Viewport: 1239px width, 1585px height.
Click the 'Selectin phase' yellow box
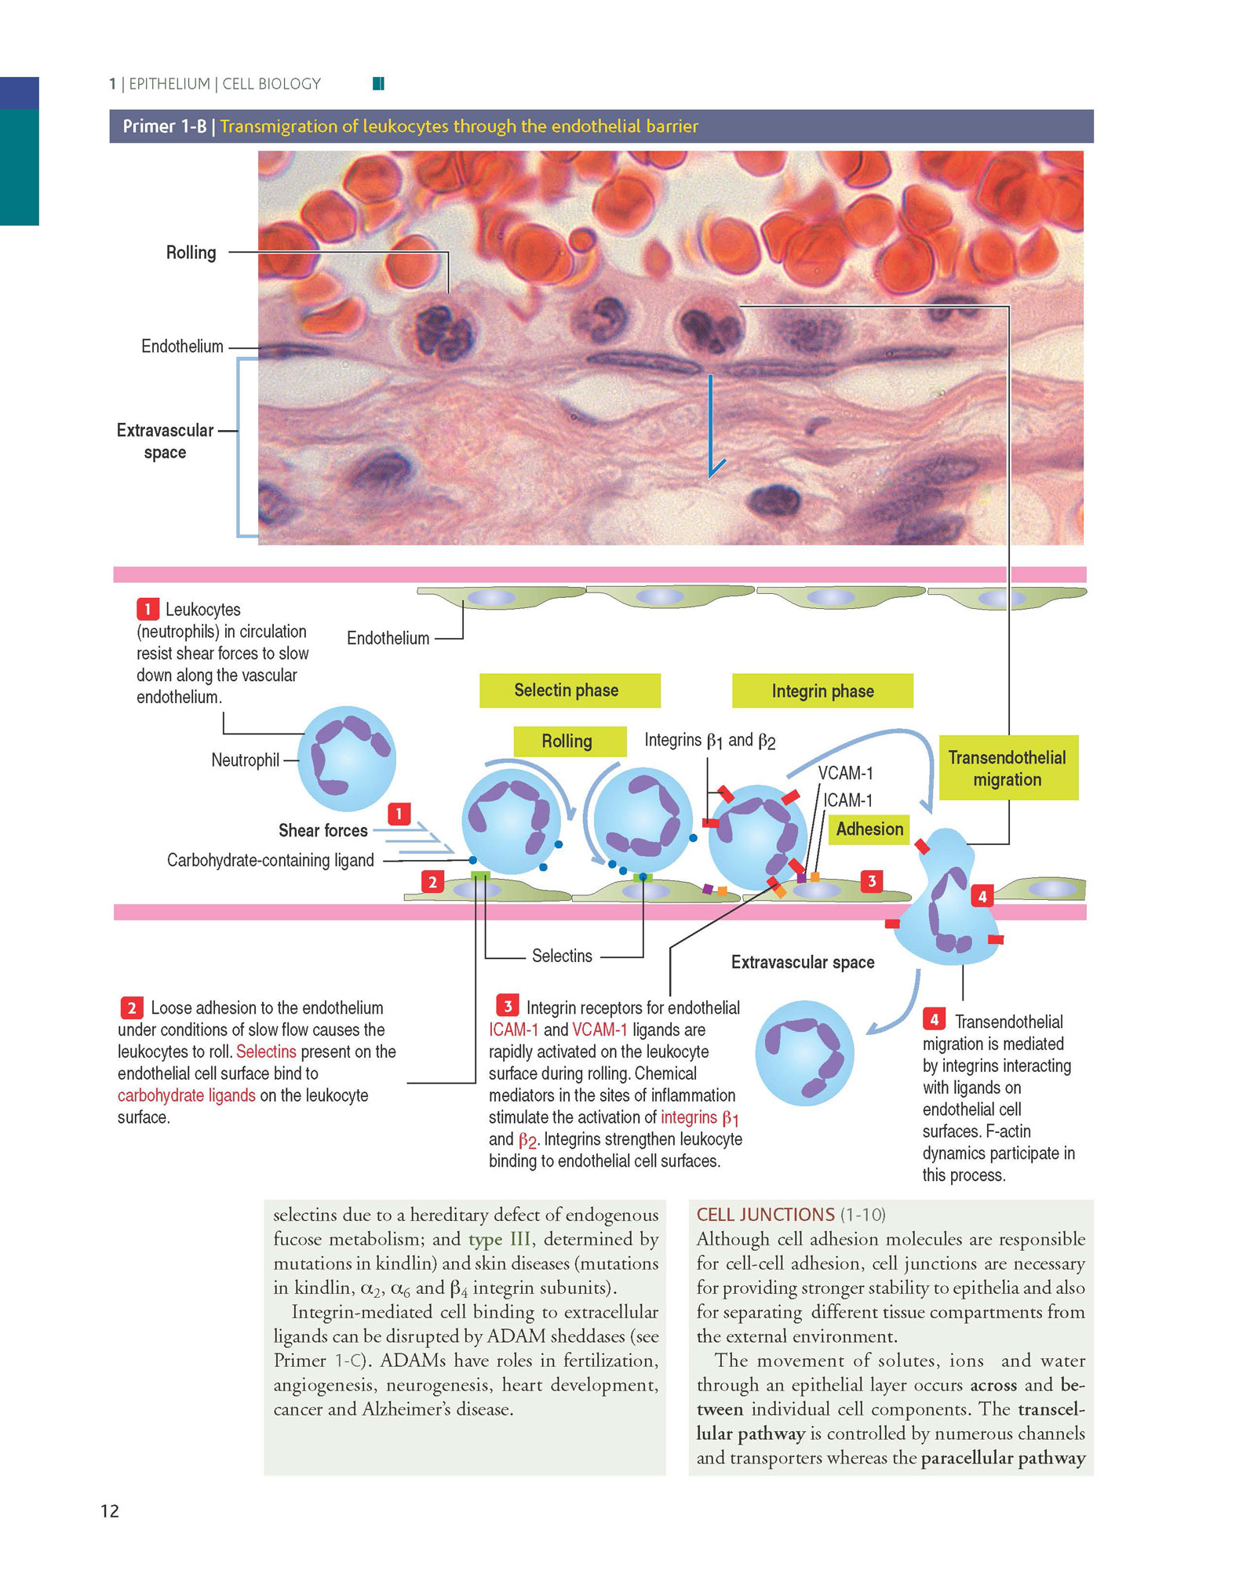[570, 690]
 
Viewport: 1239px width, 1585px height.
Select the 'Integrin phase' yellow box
[822, 690]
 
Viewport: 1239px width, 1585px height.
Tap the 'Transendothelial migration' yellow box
[1008, 767]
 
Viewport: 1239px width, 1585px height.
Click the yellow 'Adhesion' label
[869, 829]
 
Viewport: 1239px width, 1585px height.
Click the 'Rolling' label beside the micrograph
[191, 253]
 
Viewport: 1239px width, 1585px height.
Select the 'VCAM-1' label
[845, 773]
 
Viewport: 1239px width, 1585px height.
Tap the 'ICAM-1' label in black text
[847, 800]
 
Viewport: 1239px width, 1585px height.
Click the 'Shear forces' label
[323, 830]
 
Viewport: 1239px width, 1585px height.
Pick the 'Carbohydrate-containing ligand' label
[270, 861]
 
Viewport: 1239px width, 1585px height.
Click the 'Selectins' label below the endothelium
[562, 956]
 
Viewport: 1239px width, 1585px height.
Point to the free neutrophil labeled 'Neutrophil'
[347, 758]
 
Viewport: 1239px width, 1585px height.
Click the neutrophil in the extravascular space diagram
[804, 1053]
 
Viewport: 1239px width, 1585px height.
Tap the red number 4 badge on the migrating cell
[982, 896]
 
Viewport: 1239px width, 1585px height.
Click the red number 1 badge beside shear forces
[399, 814]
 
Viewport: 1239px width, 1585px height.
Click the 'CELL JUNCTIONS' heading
[765, 1215]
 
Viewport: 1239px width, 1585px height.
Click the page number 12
[110, 1511]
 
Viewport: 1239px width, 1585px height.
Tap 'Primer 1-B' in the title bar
[164, 126]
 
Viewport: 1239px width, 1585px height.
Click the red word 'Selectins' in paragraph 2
[266, 1051]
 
